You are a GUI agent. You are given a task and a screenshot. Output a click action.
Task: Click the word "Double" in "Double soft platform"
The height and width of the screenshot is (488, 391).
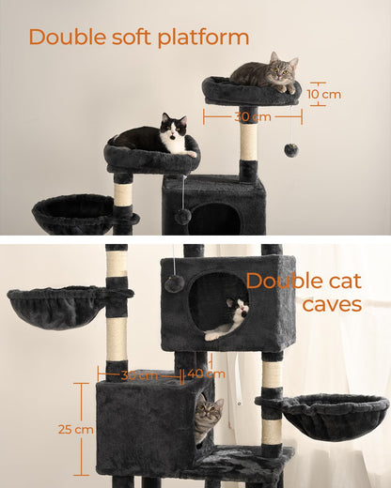tap(64, 38)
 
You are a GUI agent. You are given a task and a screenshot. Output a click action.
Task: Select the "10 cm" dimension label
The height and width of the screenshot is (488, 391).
tap(323, 94)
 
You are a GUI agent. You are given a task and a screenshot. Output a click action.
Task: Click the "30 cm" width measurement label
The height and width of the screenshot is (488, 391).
tap(251, 117)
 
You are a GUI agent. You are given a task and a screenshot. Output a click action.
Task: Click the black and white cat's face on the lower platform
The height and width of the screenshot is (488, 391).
tap(174, 135)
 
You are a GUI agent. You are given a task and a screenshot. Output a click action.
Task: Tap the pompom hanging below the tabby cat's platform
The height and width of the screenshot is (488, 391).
tap(291, 149)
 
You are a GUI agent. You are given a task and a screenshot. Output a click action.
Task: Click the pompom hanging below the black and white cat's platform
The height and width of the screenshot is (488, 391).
tap(183, 217)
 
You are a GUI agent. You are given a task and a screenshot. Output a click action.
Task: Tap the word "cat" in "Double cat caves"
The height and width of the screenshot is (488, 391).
tap(352, 281)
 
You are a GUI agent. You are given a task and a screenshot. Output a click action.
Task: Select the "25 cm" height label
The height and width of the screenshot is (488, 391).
tap(58, 429)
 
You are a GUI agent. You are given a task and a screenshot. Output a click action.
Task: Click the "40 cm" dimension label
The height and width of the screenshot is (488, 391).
tap(200, 374)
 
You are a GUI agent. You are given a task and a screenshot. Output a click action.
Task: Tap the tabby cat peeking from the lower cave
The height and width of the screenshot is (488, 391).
tap(208, 418)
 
